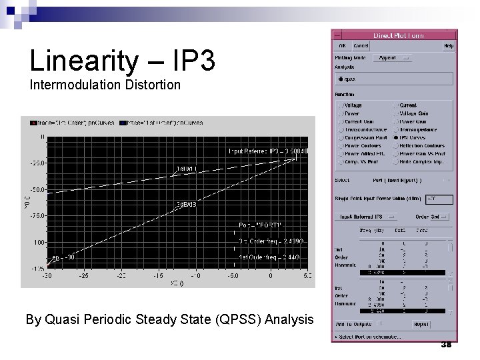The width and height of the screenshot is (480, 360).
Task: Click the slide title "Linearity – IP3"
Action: (122, 61)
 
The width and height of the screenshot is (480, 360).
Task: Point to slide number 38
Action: (447, 343)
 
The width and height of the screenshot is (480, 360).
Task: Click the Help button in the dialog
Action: (449, 46)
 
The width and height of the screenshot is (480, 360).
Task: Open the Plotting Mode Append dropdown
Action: (395, 58)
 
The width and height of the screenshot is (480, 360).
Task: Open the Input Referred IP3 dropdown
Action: (367, 216)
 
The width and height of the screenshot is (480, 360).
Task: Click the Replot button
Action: (440, 323)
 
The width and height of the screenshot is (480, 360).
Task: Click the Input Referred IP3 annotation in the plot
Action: (269, 152)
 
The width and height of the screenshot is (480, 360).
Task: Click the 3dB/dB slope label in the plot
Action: (185, 204)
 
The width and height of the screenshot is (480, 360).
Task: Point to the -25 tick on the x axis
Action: (84, 275)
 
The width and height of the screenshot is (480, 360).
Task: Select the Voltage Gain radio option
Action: (398, 113)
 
